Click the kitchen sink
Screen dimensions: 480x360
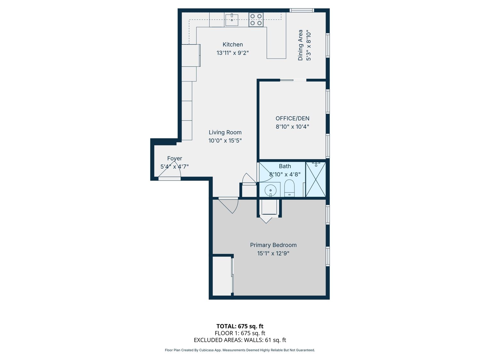[x=232, y=20]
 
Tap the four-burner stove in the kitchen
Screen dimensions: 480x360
[x=256, y=20]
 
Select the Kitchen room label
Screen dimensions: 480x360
[x=233, y=44]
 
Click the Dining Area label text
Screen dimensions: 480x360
[x=300, y=45]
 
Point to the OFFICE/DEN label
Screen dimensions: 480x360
[x=292, y=118]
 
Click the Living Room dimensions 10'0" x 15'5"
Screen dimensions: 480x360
[x=225, y=140]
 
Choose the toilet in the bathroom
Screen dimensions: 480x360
[x=289, y=188]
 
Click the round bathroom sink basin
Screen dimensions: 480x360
[x=270, y=190]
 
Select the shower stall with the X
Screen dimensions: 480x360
[x=316, y=180]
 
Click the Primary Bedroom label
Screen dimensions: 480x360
[x=273, y=245]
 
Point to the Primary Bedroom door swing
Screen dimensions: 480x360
[x=228, y=205]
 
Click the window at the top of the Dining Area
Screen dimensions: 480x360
[x=302, y=10]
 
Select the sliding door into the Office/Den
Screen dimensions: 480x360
[x=293, y=80]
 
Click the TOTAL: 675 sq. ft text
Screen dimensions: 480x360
[x=240, y=326]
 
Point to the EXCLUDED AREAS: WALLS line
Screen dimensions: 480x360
[x=240, y=340]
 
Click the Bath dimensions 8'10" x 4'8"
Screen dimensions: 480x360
[x=285, y=174]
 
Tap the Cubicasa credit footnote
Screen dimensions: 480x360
[x=240, y=350]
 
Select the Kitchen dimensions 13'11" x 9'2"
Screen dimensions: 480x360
[x=233, y=53]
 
